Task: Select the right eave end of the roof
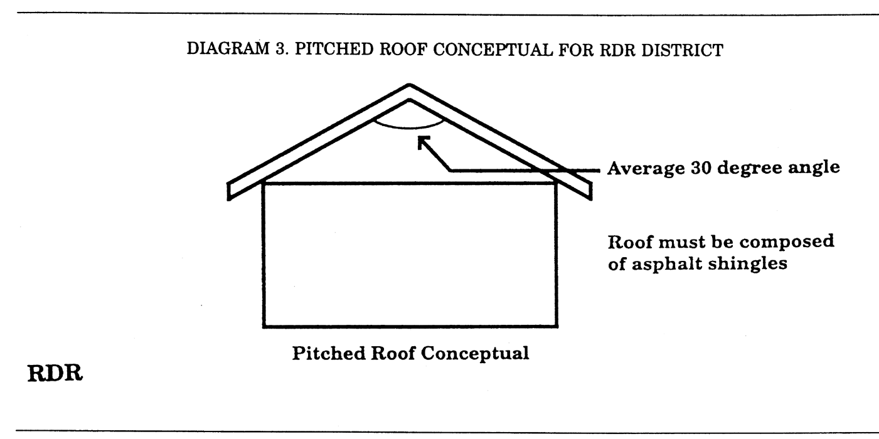point(588,192)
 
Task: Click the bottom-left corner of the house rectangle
point(264,326)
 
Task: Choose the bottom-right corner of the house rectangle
point(556,326)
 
